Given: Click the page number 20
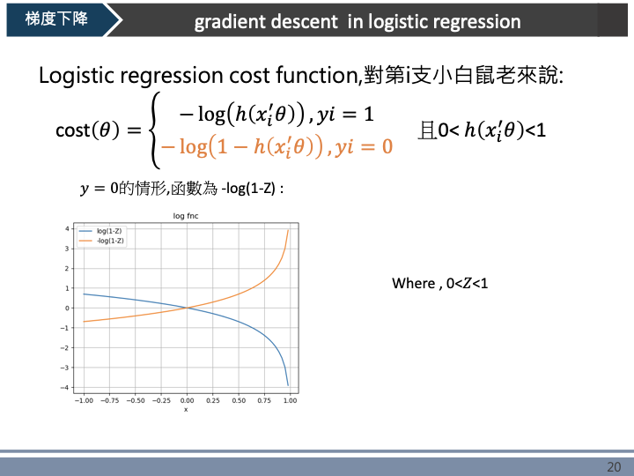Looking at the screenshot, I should point(614,466).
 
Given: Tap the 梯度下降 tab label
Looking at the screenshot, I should point(51,19).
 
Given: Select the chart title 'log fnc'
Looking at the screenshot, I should point(184,216).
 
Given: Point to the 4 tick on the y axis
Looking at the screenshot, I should point(68,228).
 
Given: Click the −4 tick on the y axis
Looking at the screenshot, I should point(66,388).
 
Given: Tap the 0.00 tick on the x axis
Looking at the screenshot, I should point(187,400).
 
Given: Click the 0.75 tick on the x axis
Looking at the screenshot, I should point(264,400).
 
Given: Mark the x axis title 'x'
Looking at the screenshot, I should point(186,409).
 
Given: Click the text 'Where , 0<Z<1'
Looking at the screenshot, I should point(439,283).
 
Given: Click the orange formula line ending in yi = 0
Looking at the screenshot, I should point(276,146).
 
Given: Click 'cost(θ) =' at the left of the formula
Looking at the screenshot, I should point(98,130).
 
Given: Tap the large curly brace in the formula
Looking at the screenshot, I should point(157,130).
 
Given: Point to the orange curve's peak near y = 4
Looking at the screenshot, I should point(288,230).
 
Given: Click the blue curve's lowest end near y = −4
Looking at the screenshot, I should point(288,384).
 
